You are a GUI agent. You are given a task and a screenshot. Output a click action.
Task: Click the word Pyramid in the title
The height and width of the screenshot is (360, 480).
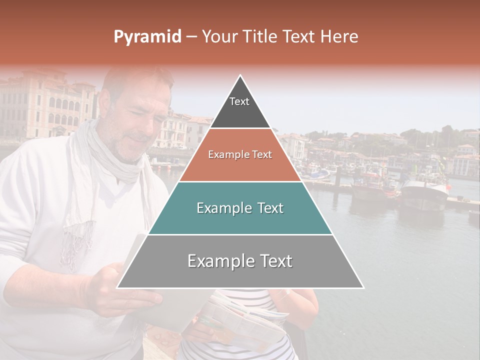147,37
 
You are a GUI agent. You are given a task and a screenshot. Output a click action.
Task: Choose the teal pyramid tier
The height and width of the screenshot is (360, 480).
240,208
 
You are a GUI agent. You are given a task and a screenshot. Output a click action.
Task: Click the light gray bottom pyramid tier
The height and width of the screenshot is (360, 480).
240,261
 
